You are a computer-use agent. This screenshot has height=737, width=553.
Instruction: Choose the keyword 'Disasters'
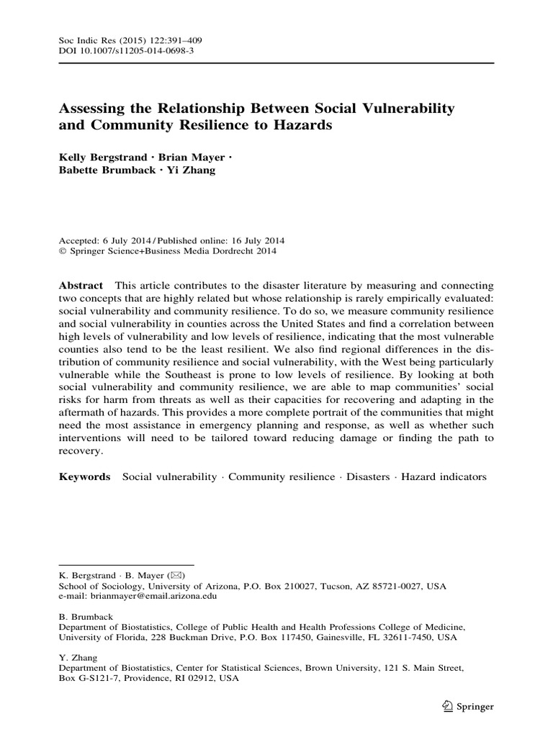[x=368, y=476]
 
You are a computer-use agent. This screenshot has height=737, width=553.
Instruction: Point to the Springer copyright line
[x=166, y=251]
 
